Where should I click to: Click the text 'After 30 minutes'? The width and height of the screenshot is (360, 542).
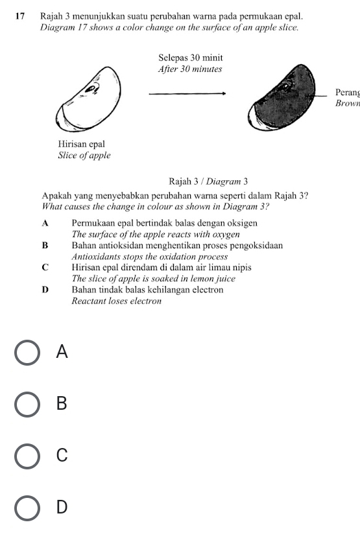[189, 69]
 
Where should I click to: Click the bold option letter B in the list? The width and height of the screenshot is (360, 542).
[45, 246]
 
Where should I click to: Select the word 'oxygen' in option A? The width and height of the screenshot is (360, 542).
[225, 234]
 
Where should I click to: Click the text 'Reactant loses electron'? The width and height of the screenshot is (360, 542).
[116, 301]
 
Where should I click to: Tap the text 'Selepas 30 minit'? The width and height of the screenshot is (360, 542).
[189, 58]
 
